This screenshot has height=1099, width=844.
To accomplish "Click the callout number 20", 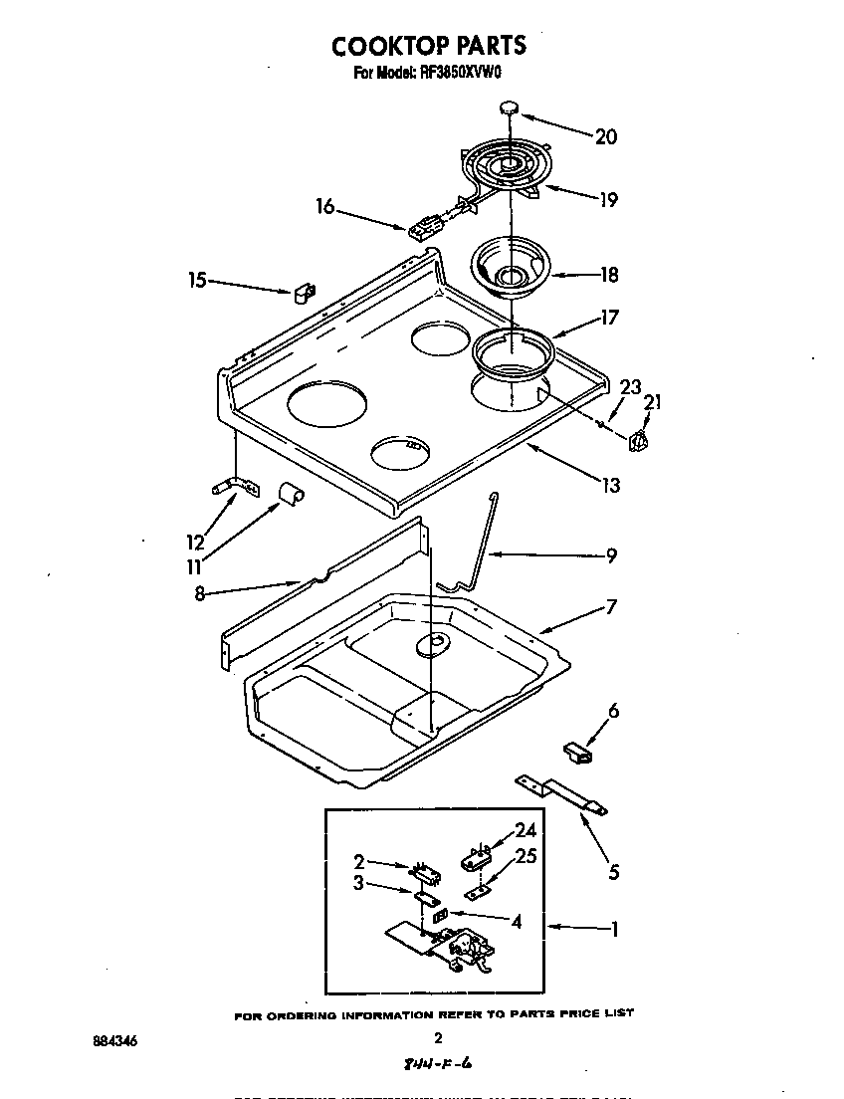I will pos(605,136).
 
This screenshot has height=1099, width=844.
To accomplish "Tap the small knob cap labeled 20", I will pos(511,106).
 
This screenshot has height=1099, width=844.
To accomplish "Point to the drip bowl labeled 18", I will pos(511,269).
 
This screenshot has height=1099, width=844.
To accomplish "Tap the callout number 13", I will pos(610,485).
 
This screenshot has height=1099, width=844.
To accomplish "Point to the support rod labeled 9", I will pos(476,543).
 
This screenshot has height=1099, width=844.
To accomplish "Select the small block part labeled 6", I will pos(575,751).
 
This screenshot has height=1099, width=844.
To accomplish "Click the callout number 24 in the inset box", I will pos(525,832).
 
